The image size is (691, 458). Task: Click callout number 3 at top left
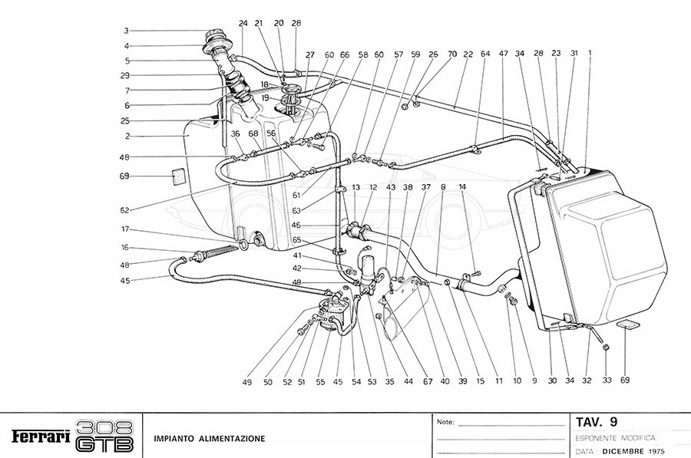pyautogui.click(x=127, y=31)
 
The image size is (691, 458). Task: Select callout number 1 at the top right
pyautogui.click(x=590, y=54)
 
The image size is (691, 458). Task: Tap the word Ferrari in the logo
pyautogui.click(x=41, y=437)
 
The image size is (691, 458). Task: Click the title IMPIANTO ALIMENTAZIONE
pyautogui.click(x=209, y=439)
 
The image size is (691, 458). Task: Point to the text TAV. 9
pyautogui.click(x=597, y=421)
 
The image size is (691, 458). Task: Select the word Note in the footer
pyautogui.click(x=445, y=422)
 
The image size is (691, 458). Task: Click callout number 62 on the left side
pyautogui.click(x=124, y=209)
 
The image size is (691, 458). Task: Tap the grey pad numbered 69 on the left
pyautogui.click(x=177, y=176)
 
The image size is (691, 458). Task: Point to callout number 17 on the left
pyautogui.click(x=124, y=228)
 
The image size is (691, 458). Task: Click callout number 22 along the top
pyautogui.click(x=468, y=54)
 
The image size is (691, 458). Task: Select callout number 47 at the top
pyautogui.click(x=504, y=54)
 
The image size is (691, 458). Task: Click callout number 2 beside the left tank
pyautogui.click(x=127, y=136)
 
